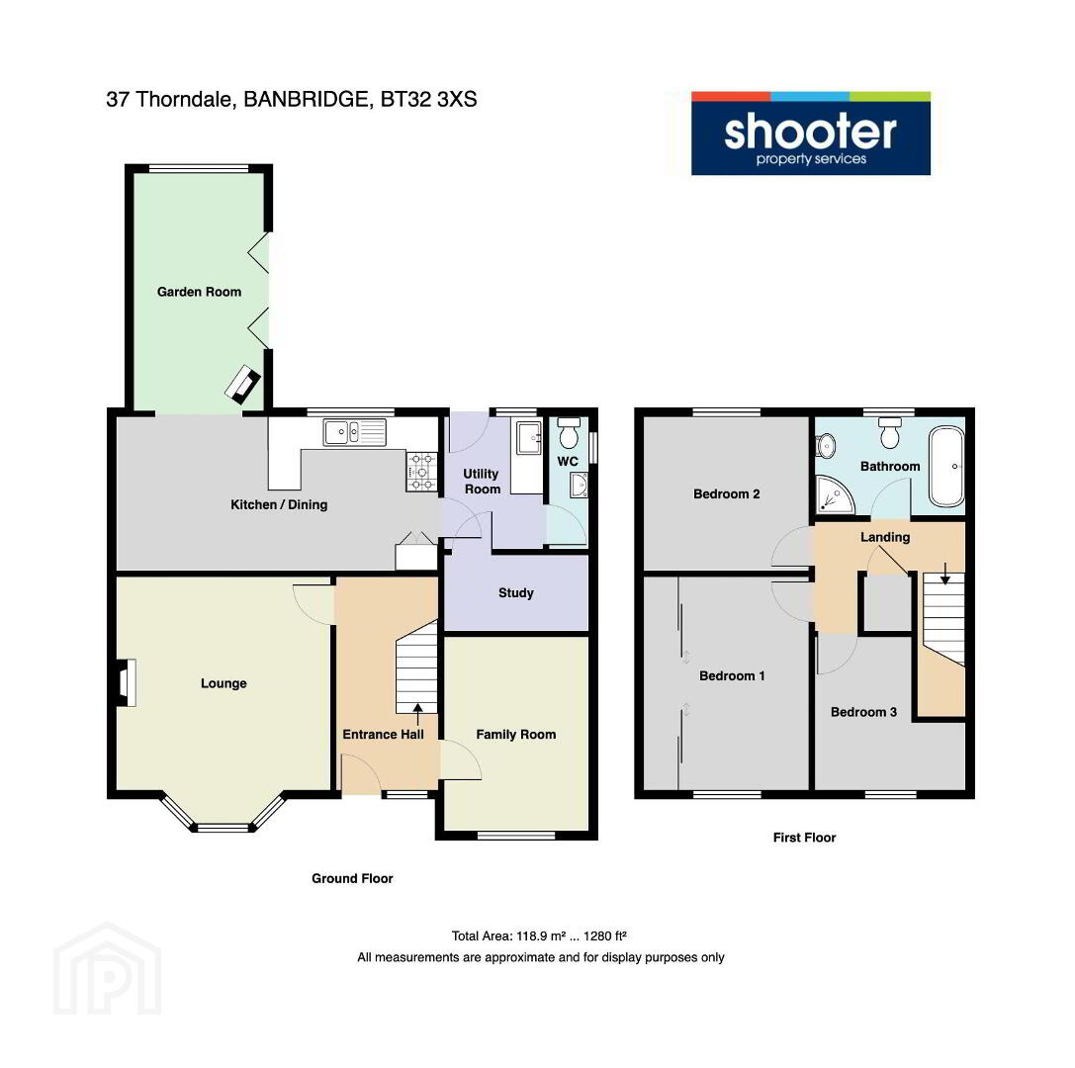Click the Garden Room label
199,292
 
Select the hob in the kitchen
422,472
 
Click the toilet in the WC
569,432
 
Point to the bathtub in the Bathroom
946,467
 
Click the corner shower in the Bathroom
835,494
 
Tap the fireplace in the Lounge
126,682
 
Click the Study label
515,593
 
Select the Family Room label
515,734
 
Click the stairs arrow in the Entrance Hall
416,714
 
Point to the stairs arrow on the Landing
944,574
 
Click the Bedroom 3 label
863,712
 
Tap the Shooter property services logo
810,133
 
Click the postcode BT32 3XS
428,100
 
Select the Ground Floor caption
352,878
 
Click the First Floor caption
804,837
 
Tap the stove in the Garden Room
243,384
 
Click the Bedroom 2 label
726,493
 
